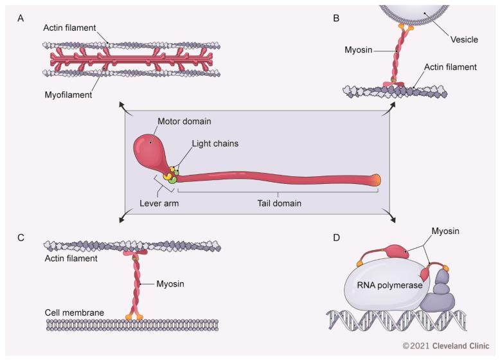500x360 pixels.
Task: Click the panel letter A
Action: tap(22, 19)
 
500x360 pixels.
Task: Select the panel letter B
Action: tap(336, 19)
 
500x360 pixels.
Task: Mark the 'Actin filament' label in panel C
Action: tap(71, 259)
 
